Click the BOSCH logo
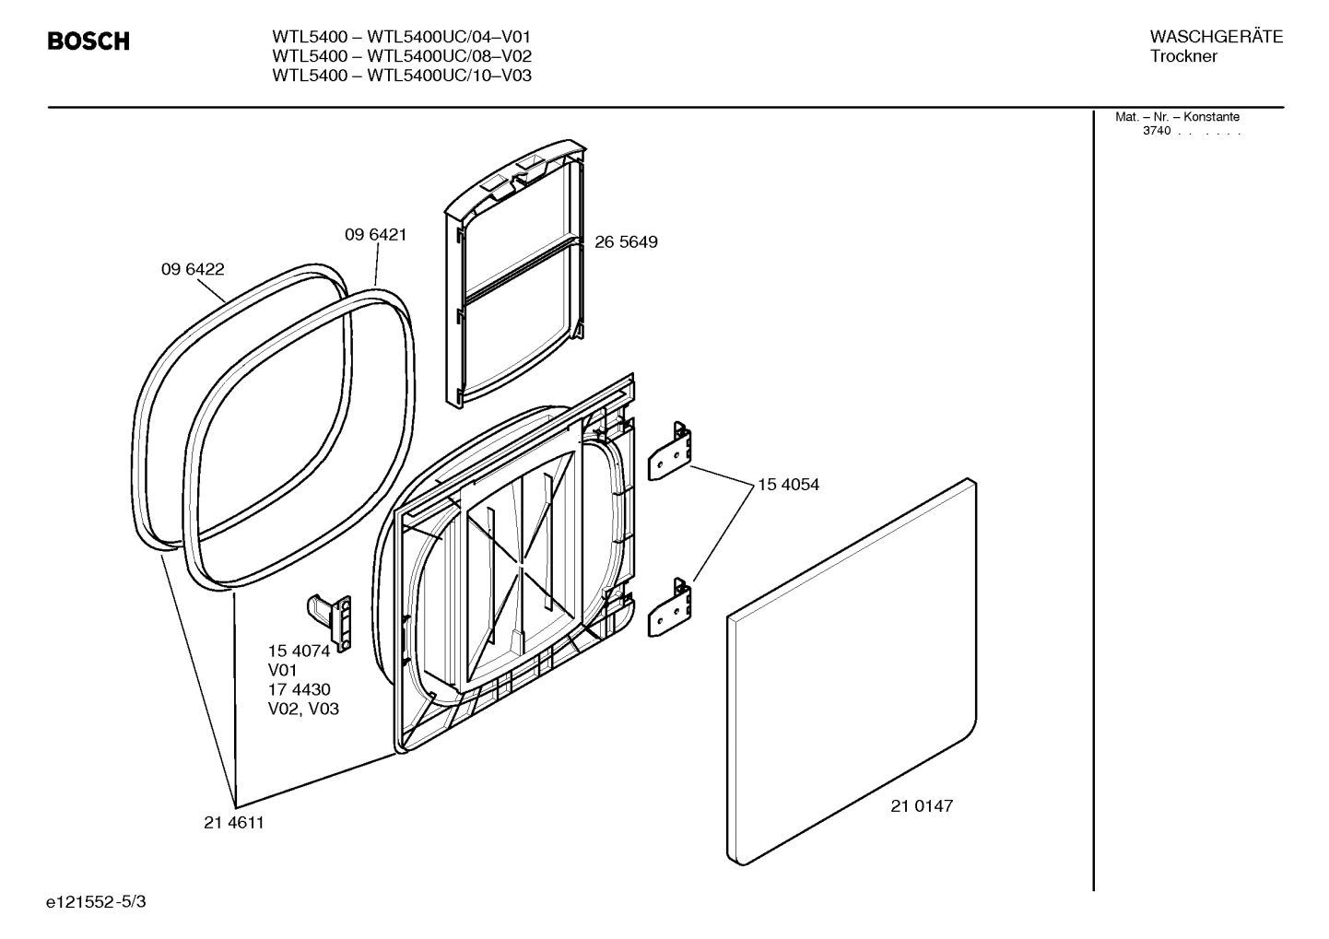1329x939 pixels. click(88, 41)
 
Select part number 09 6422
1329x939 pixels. click(193, 269)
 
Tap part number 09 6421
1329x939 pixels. click(375, 235)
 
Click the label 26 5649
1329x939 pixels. click(626, 242)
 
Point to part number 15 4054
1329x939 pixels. click(788, 485)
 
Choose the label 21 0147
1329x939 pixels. click(922, 806)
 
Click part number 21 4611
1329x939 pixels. click(233, 823)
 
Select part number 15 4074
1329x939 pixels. click(299, 651)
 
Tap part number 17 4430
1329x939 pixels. click(299, 689)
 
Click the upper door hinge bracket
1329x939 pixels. click(672, 452)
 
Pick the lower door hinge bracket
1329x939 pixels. click(672, 608)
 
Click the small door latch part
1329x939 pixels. click(332, 620)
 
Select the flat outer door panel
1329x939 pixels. click(848, 673)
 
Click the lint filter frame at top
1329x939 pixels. click(516, 276)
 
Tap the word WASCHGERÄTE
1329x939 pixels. click(1216, 37)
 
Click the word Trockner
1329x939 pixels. click(1183, 56)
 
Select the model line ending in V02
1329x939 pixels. click(402, 56)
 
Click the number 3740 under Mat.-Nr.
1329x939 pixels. click(1157, 131)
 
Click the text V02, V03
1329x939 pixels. click(303, 710)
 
